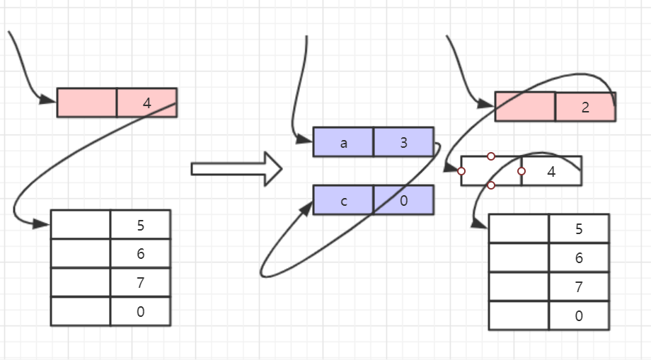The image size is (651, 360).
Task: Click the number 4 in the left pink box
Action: (146, 103)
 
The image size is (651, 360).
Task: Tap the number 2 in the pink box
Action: (585, 108)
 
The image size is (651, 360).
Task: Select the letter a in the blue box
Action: (344, 143)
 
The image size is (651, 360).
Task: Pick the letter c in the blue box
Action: (344, 201)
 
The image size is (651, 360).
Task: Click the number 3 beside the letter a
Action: (403, 143)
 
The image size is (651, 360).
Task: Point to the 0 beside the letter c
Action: (403, 201)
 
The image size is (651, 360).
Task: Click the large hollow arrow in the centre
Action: (236, 169)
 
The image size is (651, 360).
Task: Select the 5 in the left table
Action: (141, 226)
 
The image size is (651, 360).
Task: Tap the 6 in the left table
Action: (141, 254)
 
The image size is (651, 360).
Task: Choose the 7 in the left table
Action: (141, 283)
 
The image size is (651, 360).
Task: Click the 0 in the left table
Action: (141, 312)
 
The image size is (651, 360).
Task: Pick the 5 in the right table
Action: (579, 229)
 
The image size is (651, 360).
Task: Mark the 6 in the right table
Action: (579, 258)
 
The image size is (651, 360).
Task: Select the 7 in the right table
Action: (579, 287)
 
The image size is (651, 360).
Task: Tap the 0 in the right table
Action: (579, 316)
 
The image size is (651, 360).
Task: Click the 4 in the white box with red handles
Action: (551, 171)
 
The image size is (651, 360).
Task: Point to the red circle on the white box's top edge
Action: (491, 156)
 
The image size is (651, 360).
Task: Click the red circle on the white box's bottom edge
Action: (491, 185)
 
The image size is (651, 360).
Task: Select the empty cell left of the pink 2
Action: (525, 107)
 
